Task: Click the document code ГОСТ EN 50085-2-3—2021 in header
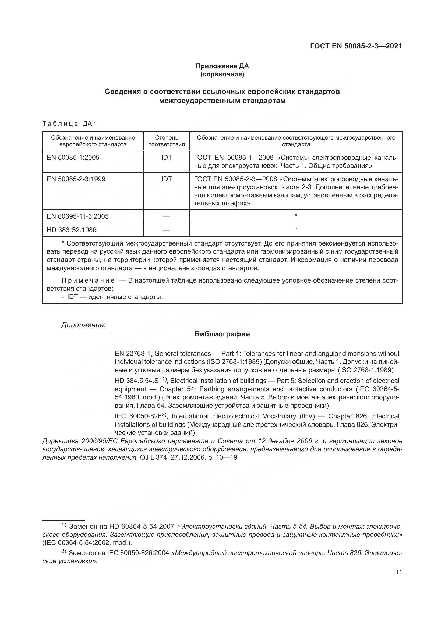pos(356,46)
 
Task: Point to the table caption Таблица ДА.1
pos(70,124)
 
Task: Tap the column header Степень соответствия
pos(166,141)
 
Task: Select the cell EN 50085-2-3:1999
pos(76,179)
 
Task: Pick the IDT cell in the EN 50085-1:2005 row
pos(166,158)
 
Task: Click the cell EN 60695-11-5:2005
pos(77,216)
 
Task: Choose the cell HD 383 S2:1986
pos(72,230)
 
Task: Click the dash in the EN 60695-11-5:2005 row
pos(166,217)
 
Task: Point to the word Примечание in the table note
pos(88,280)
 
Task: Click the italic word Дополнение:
pos(84,325)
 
